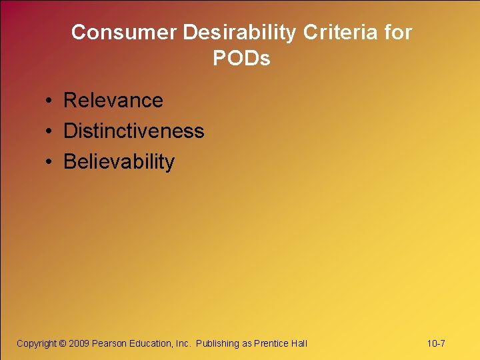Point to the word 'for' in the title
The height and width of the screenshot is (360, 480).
pyautogui.click(x=397, y=32)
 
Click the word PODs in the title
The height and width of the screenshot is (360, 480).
pyautogui.click(x=241, y=59)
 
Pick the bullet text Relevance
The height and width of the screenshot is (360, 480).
pyautogui.click(x=113, y=101)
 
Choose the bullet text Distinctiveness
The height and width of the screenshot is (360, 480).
pyautogui.click(x=133, y=131)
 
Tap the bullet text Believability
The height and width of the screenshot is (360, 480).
pyautogui.click(x=119, y=162)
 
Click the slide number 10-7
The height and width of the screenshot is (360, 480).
pyautogui.click(x=436, y=343)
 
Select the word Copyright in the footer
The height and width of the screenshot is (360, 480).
pyautogui.click(x=37, y=343)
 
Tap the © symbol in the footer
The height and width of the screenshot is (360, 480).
pyautogui.click(x=63, y=343)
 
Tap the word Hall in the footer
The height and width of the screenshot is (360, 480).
pyautogui.click(x=299, y=343)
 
